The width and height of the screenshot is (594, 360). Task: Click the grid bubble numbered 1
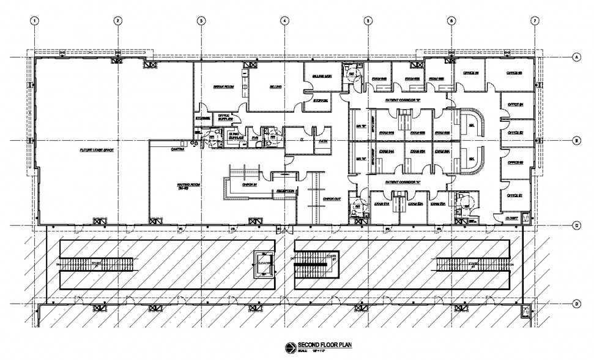pyautogui.click(x=35, y=20)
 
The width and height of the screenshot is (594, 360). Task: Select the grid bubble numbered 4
pyautogui.click(x=284, y=20)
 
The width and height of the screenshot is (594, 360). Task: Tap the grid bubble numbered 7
pyautogui.click(x=535, y=20)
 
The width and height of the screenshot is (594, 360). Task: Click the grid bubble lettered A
pyautogui.click(x=576, y=58)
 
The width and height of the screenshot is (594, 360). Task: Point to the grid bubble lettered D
pyautogui.click(x=576, y=304)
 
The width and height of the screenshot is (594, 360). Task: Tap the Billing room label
pyautogui.click(x=275, y=87)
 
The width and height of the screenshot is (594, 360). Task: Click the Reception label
pyautogui.click(x=286, y=192)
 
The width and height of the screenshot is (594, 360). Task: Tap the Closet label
pyautogui.click(x=511, y=218)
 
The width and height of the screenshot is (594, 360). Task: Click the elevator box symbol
pyautogui.click(x=264, y=265)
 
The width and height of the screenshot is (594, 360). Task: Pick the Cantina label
pyautogui.click(x=178, y=149)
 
